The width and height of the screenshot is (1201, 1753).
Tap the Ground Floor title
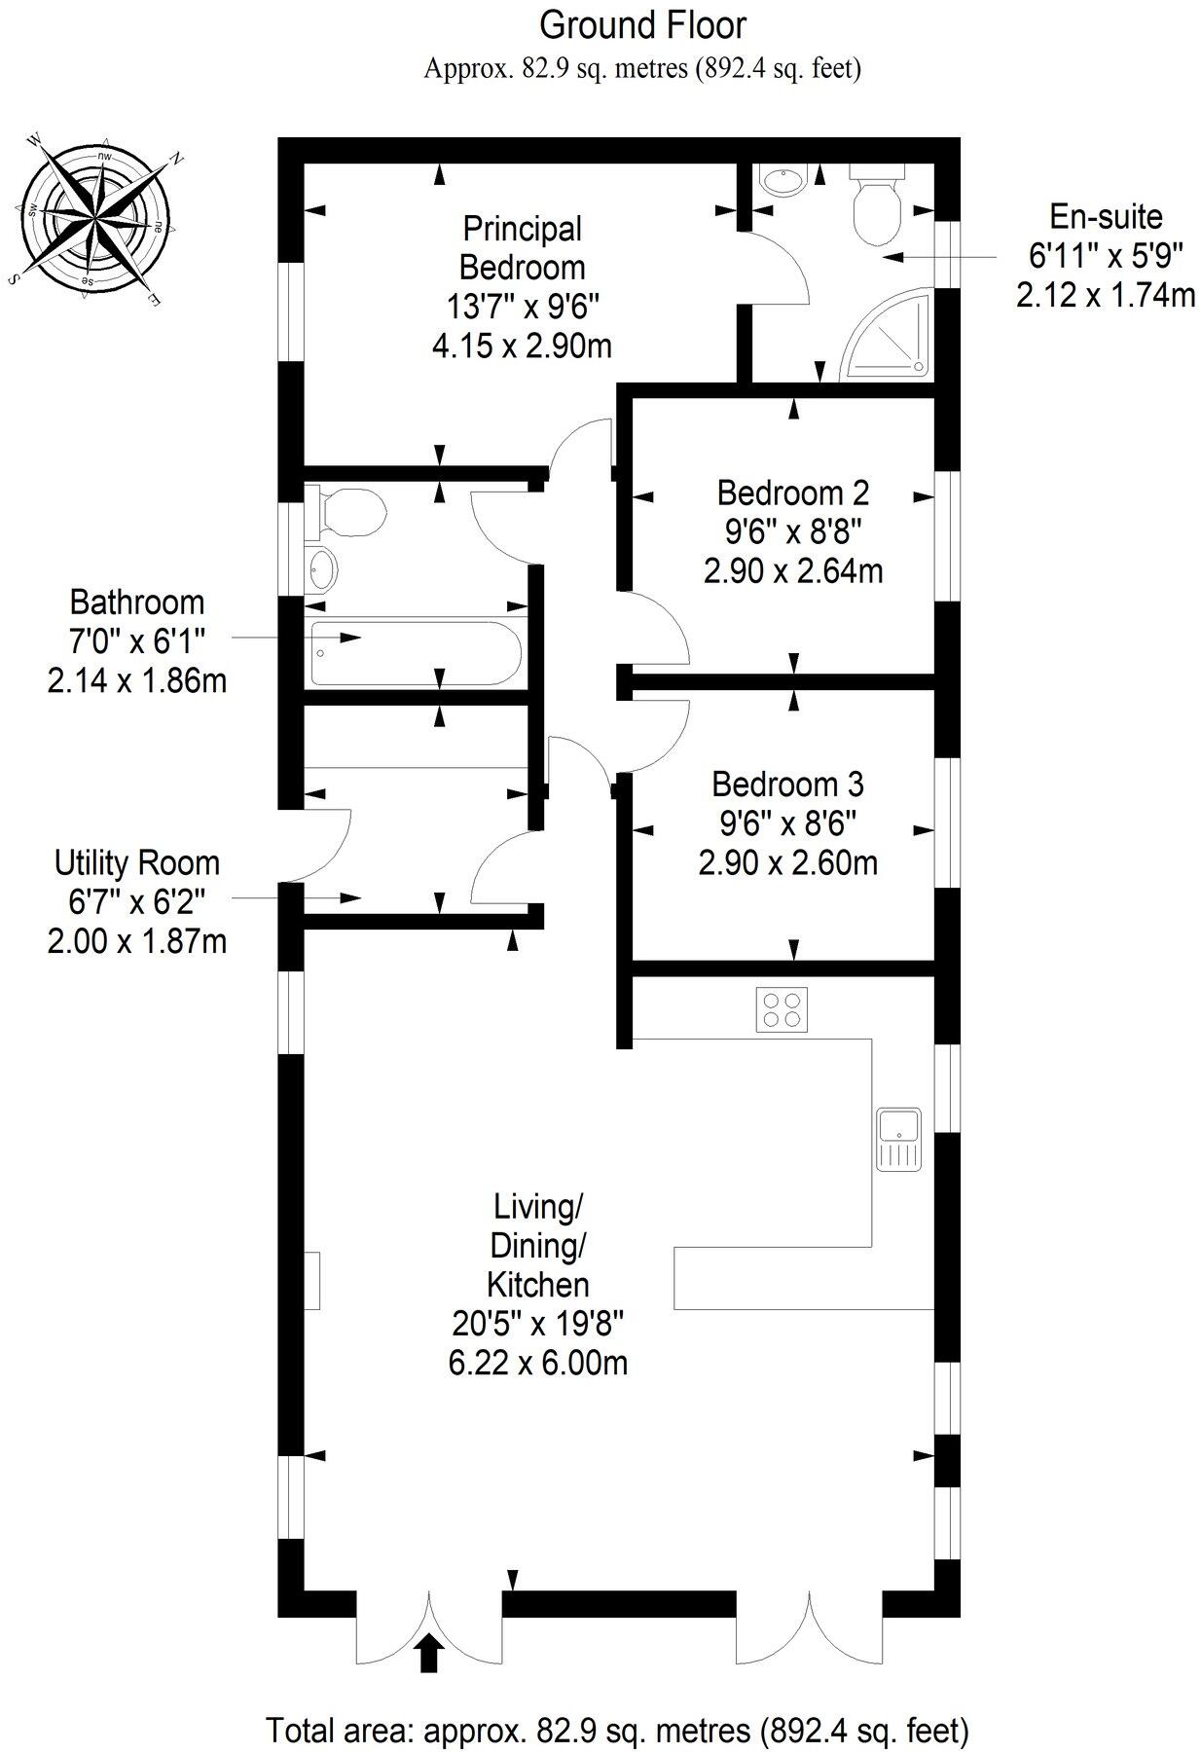click(x=642, y=25)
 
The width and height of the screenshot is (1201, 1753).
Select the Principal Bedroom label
click(x=523, y=248)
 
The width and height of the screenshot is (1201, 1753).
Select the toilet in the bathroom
click(x=346, y=513)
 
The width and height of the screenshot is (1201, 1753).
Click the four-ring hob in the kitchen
click(x=782, y=1008)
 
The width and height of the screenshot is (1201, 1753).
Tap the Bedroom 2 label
click(x=792, y=493)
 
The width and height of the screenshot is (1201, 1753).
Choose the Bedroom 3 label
click(x=787, y=785)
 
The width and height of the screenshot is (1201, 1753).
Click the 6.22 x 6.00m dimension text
click(x=537, y=1363)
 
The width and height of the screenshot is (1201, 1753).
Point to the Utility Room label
click(x=137, y=863)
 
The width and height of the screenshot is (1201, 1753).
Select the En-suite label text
click(x=1106, y=216)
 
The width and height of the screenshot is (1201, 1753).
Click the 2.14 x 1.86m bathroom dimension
click(x=137, y=680)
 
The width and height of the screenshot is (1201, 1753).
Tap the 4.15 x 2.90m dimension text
click(x=523, y=346)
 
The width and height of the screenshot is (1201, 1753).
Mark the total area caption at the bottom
click(x=617, y=1731)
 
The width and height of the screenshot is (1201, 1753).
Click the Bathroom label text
click(x=137, y=603)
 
